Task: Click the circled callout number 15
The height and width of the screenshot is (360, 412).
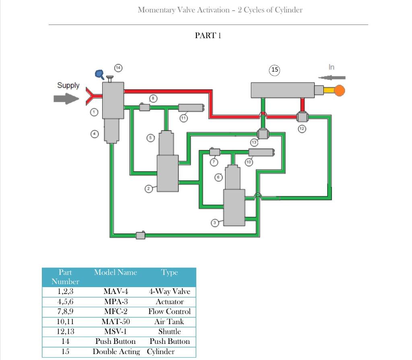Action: [x=274, y=70]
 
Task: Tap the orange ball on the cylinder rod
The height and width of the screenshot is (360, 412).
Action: [x=340, y=90]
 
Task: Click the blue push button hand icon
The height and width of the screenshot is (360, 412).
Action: [x=99, y=73]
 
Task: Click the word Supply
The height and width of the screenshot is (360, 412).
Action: [x=68, y=85]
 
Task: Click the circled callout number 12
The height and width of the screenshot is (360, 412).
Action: [x=302, y=129]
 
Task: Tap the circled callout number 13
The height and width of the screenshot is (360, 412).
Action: [x=254, y=142]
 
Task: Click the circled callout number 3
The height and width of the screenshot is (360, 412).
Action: [x=215, y=223]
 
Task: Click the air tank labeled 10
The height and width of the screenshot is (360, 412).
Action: [x=261, y=152]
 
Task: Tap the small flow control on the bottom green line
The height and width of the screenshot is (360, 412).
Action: [x=140, y=235]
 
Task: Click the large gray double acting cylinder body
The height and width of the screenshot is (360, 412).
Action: [x=282, y=90]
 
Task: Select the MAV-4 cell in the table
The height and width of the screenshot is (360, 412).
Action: [x=115, y=291]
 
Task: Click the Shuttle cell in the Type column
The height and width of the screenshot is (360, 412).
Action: [x=169, y=331]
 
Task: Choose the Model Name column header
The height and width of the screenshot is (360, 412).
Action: [x=115, y=273]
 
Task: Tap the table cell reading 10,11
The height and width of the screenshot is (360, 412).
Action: [x=65, y=321]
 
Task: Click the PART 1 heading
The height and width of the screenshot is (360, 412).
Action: [x=208, y=35]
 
